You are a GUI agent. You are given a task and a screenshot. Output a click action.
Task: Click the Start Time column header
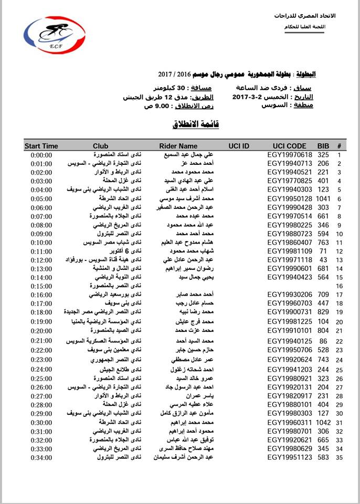41,146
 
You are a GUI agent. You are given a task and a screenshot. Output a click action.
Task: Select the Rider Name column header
178,146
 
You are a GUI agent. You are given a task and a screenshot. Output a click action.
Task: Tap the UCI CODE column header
289,146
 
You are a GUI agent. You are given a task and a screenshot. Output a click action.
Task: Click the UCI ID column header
239,146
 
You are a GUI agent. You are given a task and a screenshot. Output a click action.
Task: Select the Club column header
100,146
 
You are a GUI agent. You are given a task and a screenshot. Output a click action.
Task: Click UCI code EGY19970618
290,155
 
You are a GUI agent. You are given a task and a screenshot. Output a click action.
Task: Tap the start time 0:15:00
41,286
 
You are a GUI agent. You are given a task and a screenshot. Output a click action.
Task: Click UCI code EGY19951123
290,458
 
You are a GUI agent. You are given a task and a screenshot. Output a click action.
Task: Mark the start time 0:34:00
41,458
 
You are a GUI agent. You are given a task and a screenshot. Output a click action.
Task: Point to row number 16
339,286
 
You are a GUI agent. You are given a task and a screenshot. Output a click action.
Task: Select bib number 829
323,312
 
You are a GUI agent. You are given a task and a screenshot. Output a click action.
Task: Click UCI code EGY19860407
290,242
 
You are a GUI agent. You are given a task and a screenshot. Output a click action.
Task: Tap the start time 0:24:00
41,370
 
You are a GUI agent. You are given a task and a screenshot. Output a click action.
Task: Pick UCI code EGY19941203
290,370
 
